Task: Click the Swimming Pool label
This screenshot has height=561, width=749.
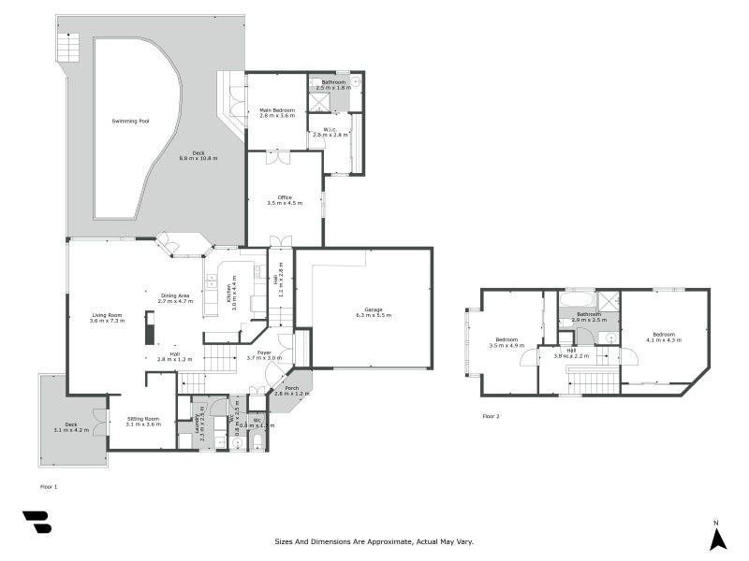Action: click(130, 122)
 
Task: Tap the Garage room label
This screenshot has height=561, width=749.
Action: click(373, 312)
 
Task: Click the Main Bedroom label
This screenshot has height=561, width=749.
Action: click(277, 112)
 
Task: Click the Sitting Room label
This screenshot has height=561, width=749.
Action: click(142, 421)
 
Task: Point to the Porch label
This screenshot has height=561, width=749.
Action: click(292, 391)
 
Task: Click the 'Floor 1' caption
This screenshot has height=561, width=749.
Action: click(49, 486)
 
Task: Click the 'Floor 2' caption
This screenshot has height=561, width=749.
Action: click(491, 415)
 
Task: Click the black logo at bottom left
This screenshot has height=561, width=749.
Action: click(37, 522)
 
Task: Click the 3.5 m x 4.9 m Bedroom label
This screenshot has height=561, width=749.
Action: click(507, 341)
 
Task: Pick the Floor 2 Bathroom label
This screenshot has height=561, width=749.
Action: click(589, 317)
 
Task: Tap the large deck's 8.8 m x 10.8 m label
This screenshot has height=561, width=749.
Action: click(198, 155)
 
